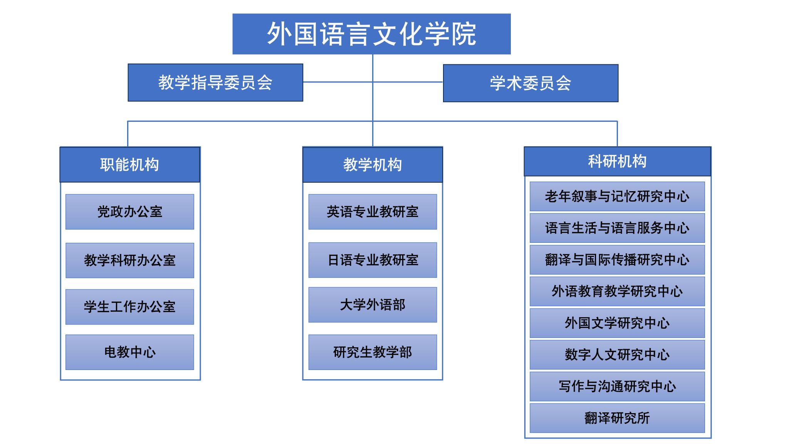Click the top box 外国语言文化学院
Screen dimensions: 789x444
click(x=371, y=34)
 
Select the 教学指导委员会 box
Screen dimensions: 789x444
click(x=215, y=82)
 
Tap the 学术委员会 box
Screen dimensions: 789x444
click(x=530, y=83)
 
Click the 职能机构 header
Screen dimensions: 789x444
click(x=130, y=165)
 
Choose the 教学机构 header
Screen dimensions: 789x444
click(x=373, y=165)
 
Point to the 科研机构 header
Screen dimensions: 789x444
click(x=618, y=161)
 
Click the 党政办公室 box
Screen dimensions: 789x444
click(x=130, y=212)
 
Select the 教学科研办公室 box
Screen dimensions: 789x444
click(x=130, y=260)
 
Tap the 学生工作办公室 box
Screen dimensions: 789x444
click(x=130, y=307)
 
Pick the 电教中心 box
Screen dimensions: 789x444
click(x=130, y=352)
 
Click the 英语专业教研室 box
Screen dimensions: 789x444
click(x=373, y=212)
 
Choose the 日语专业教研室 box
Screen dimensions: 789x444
click(x=373, y=260)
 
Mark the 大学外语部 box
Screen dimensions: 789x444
click(x=373, y=305)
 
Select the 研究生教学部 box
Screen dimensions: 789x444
click(x=373, y=352)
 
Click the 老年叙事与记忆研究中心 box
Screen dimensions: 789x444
click(x=617, y=197)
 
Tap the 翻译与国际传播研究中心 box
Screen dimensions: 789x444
click(x=617, y=260)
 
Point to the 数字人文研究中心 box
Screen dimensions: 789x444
click(x=617, y=355)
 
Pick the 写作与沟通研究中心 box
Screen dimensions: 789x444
click(x=617, y=386)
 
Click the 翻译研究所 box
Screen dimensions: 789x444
click(x=617, y=418)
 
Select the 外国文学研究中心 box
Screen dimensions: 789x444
click(x=617, y=323)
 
